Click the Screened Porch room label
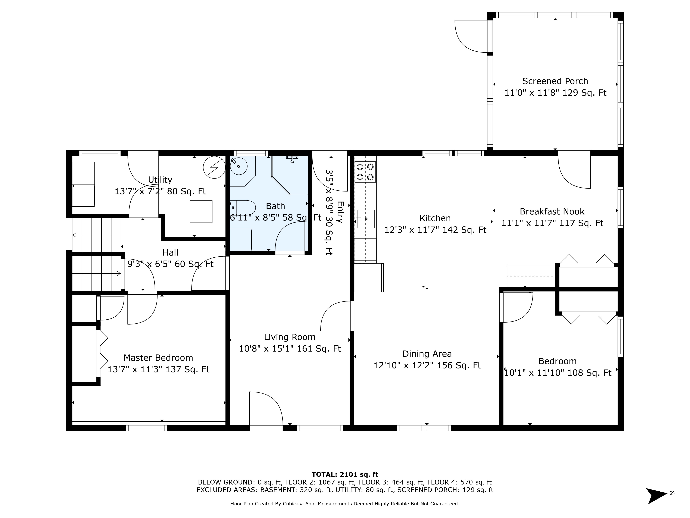point(555,81)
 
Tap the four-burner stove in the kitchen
point(365,172)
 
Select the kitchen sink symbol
point(366,219)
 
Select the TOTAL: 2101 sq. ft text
point(345,475)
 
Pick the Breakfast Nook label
point(552,212)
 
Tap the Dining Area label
point(427,354)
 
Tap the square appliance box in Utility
point(201,211)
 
